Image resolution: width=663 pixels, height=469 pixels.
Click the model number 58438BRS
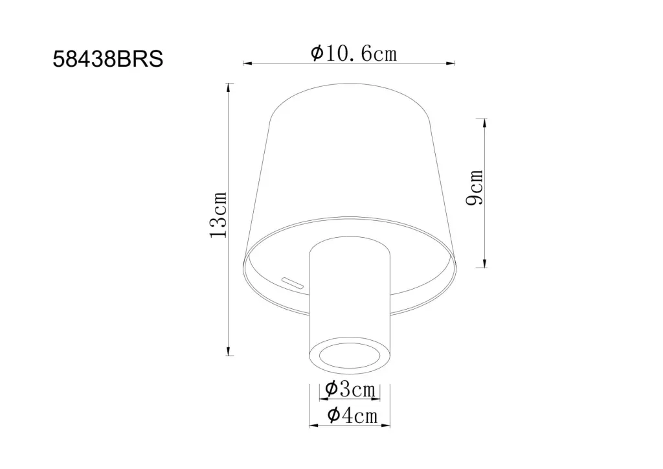point(108,59)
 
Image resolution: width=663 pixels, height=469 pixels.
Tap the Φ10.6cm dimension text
point(354,53)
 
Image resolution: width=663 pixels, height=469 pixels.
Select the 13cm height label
point(219,215)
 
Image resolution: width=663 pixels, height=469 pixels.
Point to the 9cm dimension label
point(474,187)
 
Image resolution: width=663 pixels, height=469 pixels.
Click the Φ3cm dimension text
point(350,389)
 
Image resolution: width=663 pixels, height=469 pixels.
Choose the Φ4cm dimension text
point(352,415)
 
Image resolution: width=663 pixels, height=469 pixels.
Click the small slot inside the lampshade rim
point(293,282)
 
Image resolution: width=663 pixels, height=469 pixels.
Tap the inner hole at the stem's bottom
point(349,356)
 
